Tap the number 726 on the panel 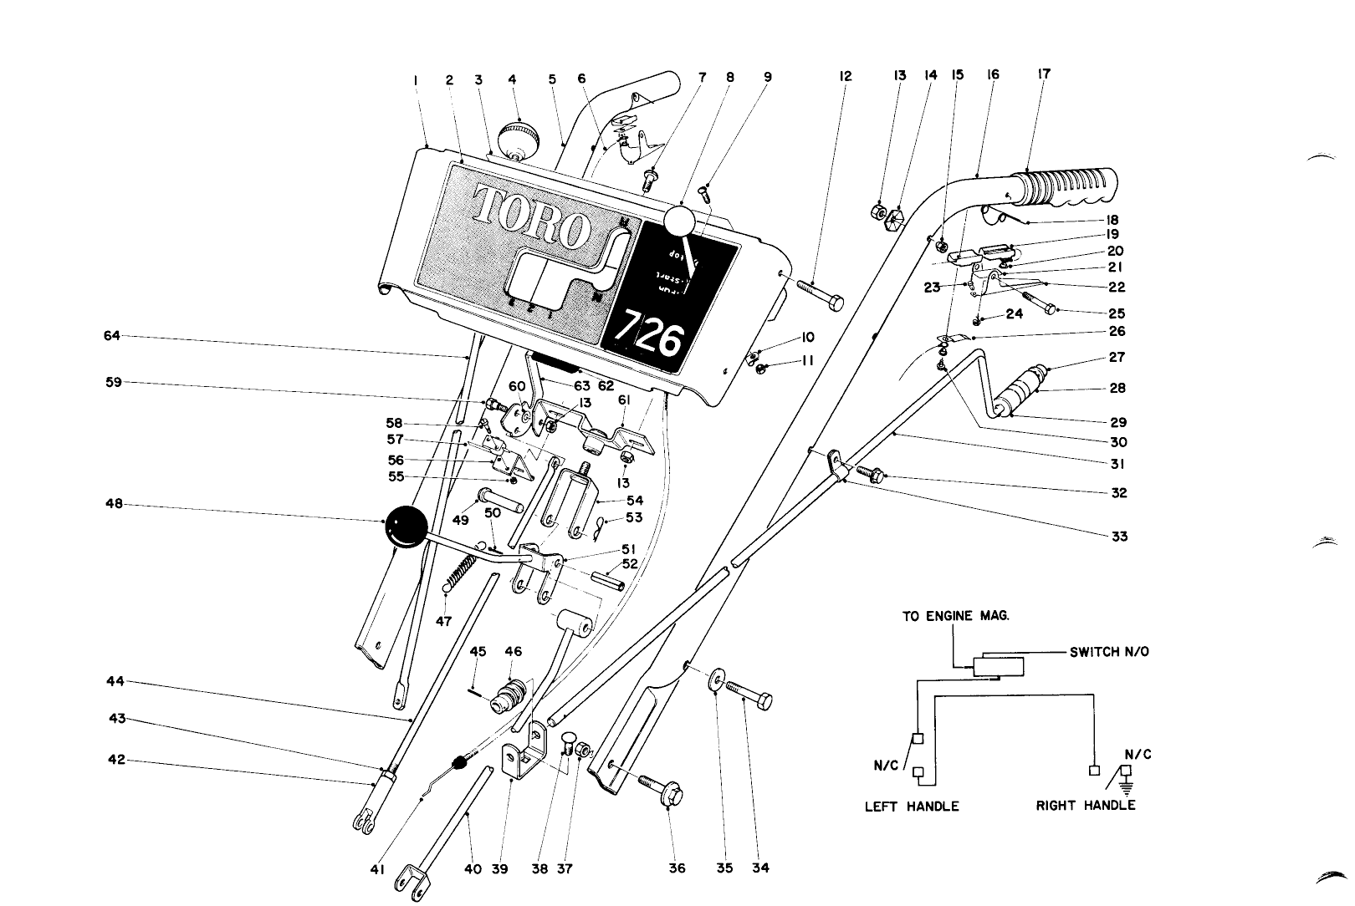point(651,336)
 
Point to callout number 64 point(112,336)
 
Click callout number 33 point(1119,537)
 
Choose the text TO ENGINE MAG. point(955,617)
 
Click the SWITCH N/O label point(1109,652)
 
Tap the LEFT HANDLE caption point(912,807)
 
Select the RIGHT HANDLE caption point(1086,806)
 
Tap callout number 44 point(115,682)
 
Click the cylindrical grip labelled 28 point(1024,389)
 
